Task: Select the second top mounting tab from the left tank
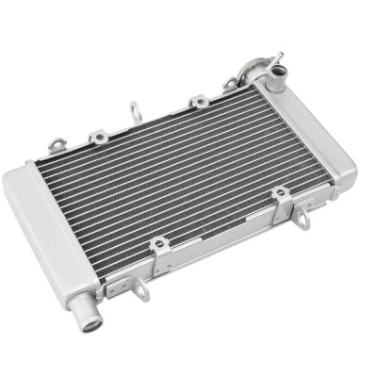[x=97, y=138]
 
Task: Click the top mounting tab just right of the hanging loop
[x=198, y=101]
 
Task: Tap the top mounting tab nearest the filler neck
[x=229, y=89]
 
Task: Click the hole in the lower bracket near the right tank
[x=280, y=195]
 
